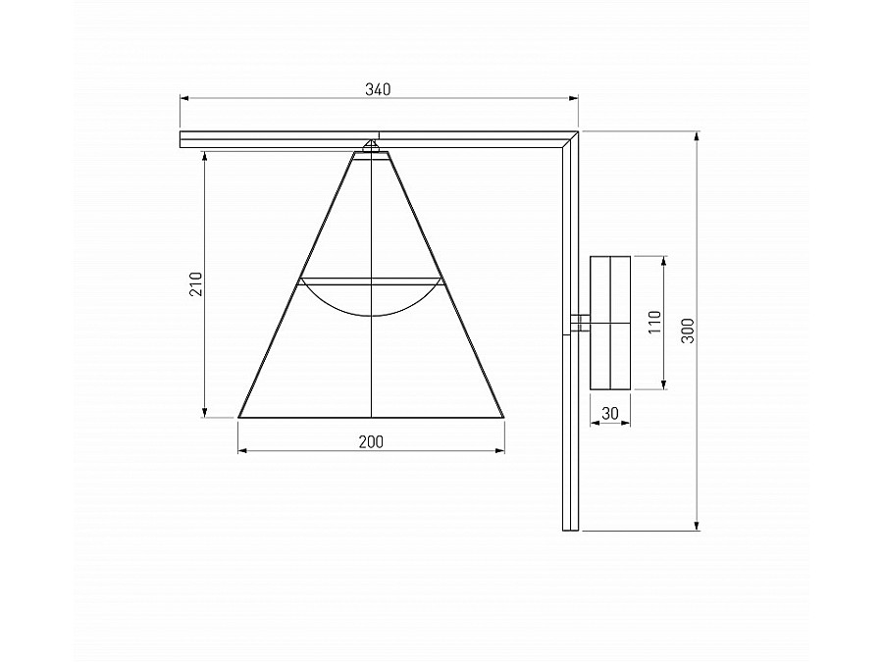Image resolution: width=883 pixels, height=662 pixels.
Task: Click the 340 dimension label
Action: (378, 89)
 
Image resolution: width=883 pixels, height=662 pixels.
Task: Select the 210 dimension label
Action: (196, 284)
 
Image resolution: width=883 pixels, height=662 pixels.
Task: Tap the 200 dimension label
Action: (370, 442)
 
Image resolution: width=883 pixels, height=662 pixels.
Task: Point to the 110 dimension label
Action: (655, 323)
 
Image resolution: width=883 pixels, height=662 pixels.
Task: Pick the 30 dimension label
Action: (610, 414)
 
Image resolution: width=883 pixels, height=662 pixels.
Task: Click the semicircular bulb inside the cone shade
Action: (372, 298)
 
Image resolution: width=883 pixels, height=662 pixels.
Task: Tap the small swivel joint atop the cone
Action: (372, 147)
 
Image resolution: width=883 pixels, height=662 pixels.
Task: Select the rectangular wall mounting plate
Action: (609, 323)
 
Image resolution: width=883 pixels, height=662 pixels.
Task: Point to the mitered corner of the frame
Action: (570, 138)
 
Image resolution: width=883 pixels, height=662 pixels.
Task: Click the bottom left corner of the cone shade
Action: (239, 417)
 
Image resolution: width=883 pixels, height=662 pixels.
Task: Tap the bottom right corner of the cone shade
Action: (505, 417)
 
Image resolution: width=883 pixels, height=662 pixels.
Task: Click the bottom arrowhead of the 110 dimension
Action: (664, 386)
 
